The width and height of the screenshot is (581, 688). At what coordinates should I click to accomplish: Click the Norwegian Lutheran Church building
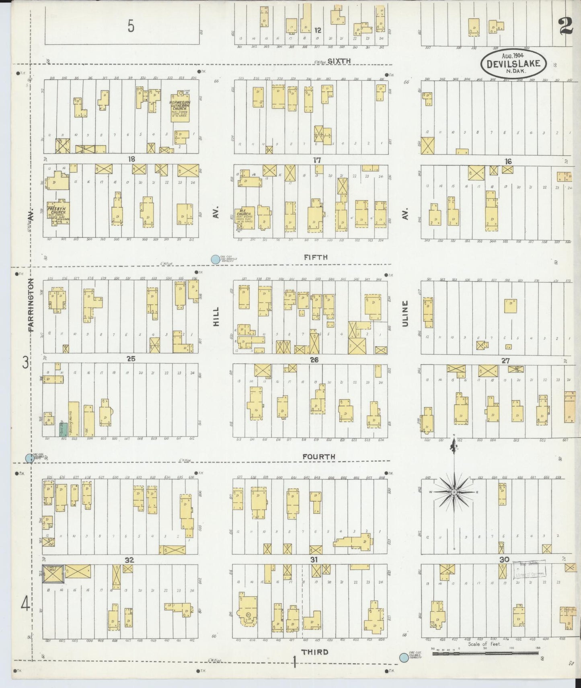[180, 107]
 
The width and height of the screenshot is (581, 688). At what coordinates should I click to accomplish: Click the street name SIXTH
[339, 61]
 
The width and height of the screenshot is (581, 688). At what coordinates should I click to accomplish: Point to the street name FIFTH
[316, 257]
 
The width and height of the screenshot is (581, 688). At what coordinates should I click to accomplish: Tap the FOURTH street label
[319, 457]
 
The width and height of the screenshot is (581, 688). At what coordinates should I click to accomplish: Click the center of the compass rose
[454, 492]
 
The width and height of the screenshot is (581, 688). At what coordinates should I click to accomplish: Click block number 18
[131, 159]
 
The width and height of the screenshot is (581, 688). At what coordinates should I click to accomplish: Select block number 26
[314, 360]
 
